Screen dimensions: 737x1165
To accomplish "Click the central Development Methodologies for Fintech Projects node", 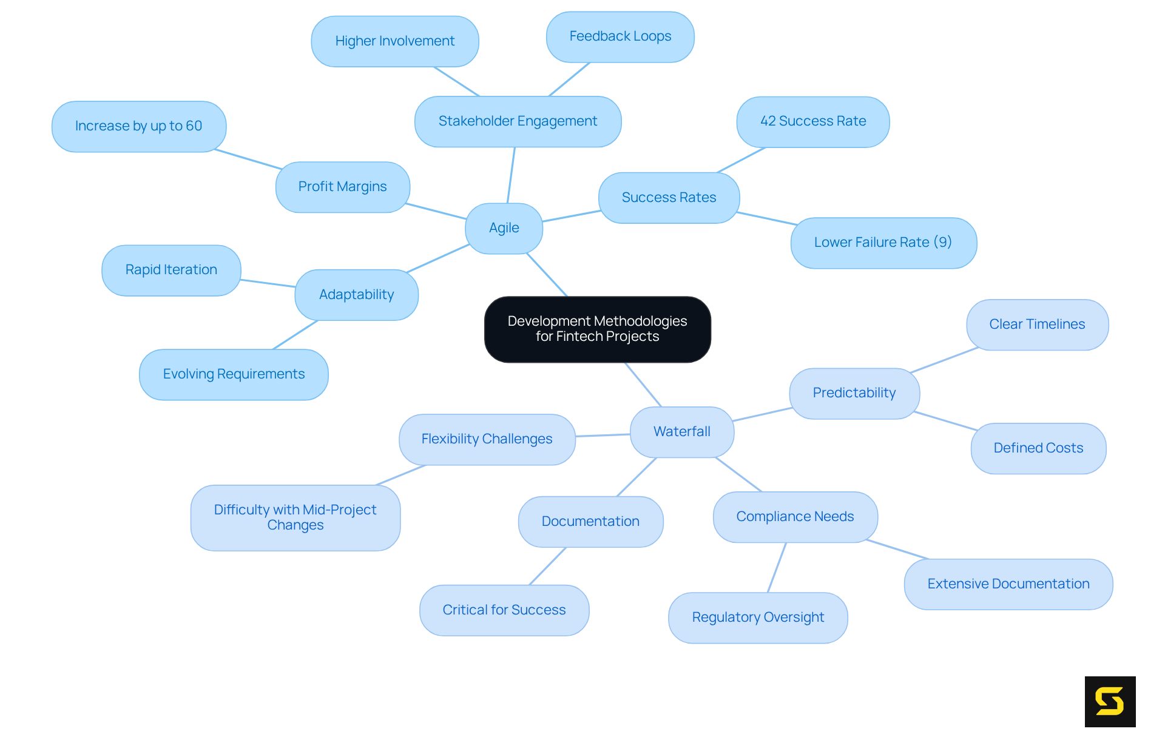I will [x=597, y=329].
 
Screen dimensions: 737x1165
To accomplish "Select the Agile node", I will [x=504, y=228].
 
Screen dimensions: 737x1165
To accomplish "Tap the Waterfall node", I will [x=681, y=431].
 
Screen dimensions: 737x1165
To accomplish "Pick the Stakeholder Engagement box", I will [x=518, y=121].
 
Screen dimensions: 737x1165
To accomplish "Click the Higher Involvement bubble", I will [x=394, y=41].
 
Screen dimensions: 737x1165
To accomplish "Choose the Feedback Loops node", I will [x=620, y=36].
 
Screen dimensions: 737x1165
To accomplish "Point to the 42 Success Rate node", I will [x=812, y=121].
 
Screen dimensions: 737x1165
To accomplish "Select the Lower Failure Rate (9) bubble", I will [x=883, y=243].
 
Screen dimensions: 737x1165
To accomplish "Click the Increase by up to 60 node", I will [x=138, y=126].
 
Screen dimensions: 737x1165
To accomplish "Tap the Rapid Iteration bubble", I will [x=171, y=270].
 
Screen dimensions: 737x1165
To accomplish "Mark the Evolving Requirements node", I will [x=234, y=374].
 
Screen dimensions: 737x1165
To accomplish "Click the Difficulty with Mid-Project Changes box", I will [x=295, y=517].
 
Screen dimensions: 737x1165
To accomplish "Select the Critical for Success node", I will [x=504, y=610].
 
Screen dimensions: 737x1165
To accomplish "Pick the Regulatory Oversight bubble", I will [x=757, y=618].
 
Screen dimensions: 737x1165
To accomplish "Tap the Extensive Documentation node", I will [x=1008, y=584].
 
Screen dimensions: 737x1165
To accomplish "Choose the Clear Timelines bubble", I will [x=1037, y=325].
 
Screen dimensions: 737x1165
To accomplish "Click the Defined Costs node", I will [x=1038, y=448].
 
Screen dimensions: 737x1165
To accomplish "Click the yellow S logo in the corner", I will [x=1110, y=701].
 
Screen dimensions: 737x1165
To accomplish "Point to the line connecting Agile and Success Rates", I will [x=571, y=216].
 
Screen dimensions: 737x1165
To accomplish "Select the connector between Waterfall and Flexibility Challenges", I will [x=603, y=435].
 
